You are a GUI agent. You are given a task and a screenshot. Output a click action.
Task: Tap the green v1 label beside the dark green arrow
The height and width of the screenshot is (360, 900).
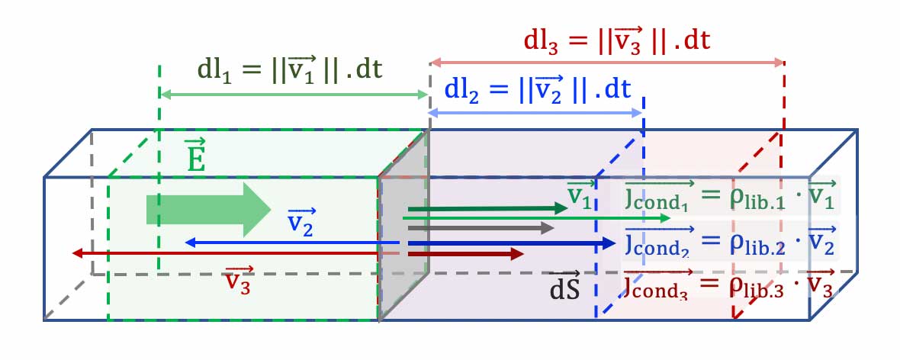point(580,195)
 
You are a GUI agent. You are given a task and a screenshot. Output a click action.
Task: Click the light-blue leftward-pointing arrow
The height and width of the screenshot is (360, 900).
point(290,243)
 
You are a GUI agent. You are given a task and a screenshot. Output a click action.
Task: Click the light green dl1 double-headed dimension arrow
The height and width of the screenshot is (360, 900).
point(294,94)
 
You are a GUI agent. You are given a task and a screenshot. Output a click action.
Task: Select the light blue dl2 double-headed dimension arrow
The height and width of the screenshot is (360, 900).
point(535,112)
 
